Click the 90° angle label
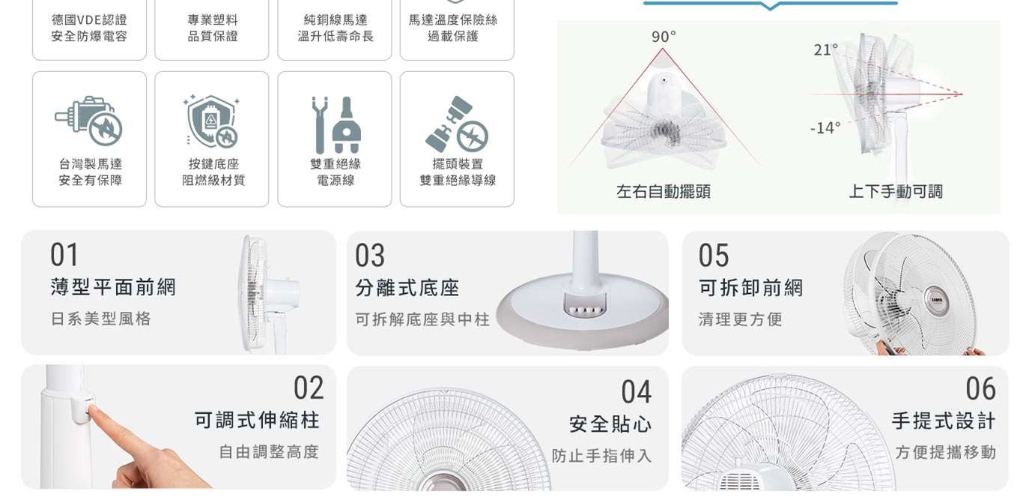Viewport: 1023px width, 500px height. [664, 37]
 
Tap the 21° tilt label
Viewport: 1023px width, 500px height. [826, 49]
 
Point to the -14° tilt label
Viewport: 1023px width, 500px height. [825, 128]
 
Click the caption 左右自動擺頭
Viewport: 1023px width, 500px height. [663, 191]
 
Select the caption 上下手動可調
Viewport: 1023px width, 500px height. [896, 191]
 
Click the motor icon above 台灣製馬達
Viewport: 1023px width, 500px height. [89, 120]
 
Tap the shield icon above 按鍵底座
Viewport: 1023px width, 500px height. [211, 121]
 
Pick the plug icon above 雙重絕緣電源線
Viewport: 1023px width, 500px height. [336, 124]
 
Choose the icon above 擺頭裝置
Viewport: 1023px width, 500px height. [457, 124]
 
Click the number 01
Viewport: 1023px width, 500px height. [64, 255]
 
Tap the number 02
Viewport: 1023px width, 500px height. [309, 388]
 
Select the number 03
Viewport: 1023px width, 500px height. [370, 256]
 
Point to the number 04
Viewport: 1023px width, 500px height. [636, 392]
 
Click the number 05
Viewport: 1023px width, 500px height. [714, 256]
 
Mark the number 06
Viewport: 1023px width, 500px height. [980, 389]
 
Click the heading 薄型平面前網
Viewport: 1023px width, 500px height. [113, 287]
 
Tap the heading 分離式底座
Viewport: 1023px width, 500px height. [407, 288]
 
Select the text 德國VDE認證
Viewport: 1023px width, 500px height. [90, 19]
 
